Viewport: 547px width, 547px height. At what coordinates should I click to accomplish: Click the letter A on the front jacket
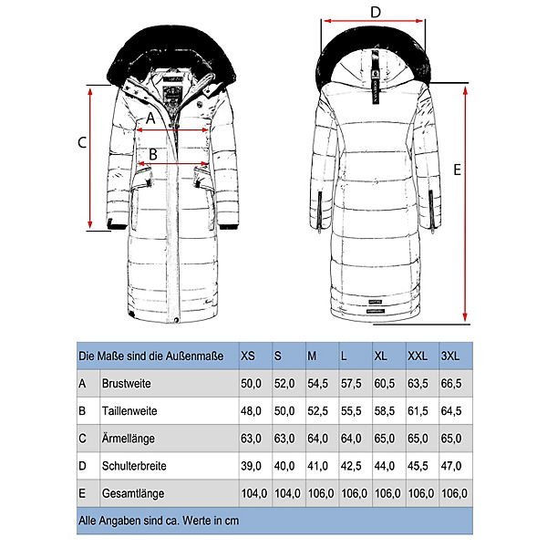tap(150, 118)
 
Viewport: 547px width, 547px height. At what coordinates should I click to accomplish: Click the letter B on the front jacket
tap(153, 155)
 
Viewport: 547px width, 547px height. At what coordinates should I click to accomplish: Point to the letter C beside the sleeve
tap(81, 142)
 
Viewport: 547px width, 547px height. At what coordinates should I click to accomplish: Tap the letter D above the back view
tap(374, 12)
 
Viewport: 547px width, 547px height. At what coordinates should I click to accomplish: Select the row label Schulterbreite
tap(133, 465)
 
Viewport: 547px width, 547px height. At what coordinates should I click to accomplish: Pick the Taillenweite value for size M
tap(316, 411)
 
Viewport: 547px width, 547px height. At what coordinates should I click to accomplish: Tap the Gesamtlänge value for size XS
tap(251, 493)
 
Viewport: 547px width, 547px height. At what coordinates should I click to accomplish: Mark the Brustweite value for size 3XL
tap(452, 384)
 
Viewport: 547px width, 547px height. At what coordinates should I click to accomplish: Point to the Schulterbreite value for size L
tap(350, 465)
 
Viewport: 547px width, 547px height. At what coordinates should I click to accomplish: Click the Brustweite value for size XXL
tap(418, 384)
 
